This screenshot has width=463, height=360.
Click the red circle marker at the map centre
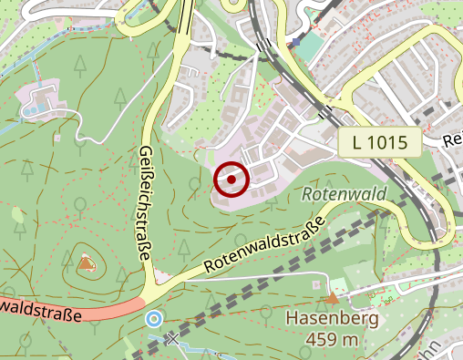coord(231,180)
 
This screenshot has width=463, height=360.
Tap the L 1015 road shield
coord(379,141)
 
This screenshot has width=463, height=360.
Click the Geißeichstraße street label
coord(146,204)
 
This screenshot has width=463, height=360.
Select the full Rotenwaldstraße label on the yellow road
coord(264,247)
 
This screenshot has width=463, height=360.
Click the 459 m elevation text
coord(334,340)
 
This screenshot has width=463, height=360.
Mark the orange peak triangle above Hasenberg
coord(332,297)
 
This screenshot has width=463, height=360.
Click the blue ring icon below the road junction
coord(154,319)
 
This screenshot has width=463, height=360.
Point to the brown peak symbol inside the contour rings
coord(86,263)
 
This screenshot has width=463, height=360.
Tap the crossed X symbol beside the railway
coord(173,339)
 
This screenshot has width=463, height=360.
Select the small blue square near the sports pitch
coord(295,41)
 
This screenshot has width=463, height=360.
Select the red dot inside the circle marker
coord(231,180)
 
